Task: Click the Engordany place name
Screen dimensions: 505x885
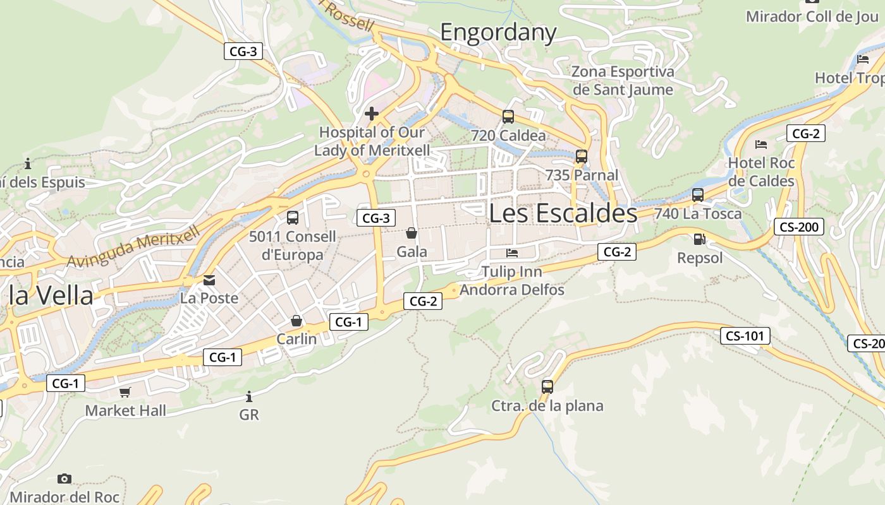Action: point(498,32)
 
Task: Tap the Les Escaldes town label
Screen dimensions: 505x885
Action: point(563,213)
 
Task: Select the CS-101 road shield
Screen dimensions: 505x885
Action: point(745,336)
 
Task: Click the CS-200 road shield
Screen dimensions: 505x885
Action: point(799,227)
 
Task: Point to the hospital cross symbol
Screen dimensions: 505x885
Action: point(372,114)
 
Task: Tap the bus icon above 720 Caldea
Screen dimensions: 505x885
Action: point(508,116)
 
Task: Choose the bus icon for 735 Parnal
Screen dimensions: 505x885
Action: point(582,156)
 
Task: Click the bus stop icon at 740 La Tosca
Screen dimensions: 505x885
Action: point(698,194)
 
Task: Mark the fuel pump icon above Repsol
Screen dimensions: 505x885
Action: point(699,239)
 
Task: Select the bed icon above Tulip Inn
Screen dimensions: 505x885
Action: point(512,253)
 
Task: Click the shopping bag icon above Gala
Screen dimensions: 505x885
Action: point(412,233)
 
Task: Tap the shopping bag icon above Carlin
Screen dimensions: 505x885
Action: point(296,321)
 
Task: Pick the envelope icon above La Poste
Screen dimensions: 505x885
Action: point(209,280)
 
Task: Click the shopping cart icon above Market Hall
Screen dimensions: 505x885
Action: point(125,392)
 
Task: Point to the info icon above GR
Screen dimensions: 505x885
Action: point(249,396)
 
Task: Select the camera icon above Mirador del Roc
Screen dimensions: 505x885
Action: point(64,478)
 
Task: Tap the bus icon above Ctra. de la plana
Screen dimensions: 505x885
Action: point(547,386)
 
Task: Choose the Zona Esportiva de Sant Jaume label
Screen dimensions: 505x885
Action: point(623,81)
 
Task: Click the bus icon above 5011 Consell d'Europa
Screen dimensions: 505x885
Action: point(293,218)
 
